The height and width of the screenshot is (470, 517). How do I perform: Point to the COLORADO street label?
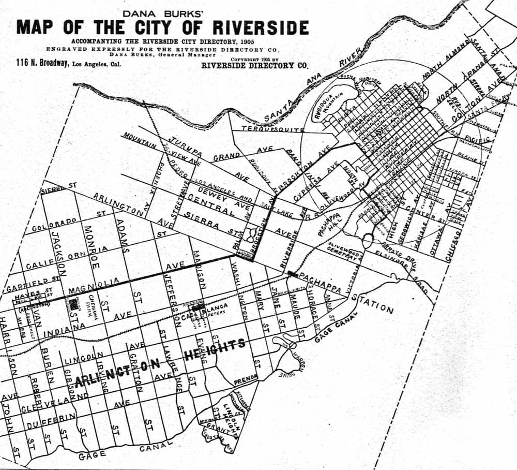54,224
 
